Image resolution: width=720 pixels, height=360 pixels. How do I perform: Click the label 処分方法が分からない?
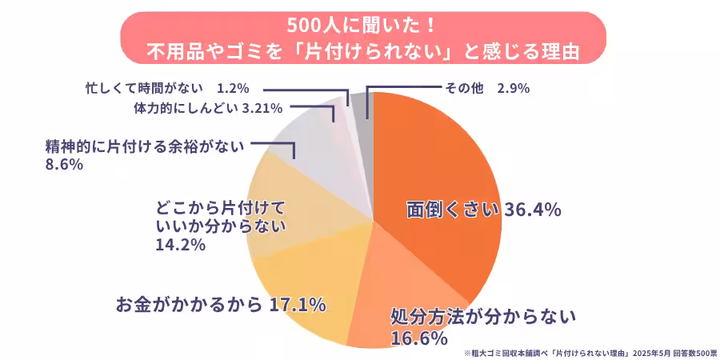[482, 317]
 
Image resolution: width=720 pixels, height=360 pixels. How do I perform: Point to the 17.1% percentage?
[297, 304]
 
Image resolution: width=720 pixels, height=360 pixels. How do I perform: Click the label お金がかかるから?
[189, 304]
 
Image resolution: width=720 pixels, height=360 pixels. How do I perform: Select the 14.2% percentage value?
[181, 245]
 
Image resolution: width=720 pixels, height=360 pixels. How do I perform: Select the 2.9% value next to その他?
[513, 89]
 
